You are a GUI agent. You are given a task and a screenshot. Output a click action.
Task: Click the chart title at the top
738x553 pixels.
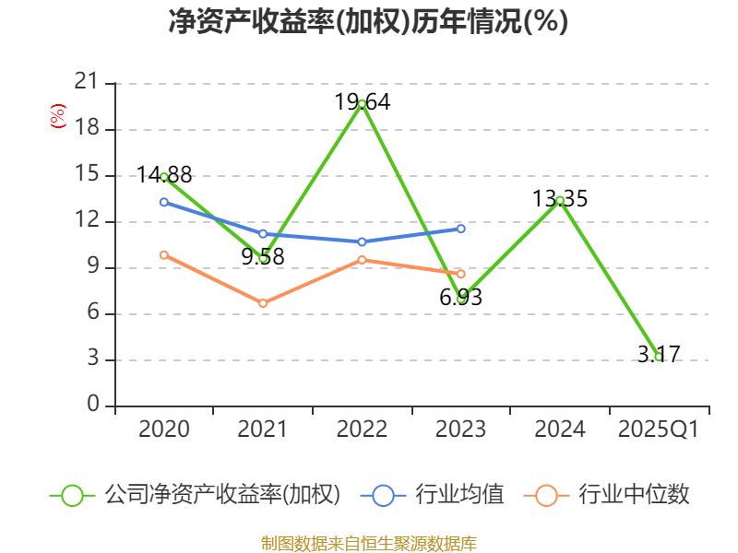(x=368, y=22)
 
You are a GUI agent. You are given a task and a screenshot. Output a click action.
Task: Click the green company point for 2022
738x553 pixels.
(x=362, y=103)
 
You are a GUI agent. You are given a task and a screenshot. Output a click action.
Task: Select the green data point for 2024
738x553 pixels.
(x=560, y=200)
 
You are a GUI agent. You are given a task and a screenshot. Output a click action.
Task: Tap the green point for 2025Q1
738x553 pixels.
(x=658, y=357)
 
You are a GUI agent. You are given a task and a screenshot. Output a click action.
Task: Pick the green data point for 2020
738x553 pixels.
(x=164, y=176)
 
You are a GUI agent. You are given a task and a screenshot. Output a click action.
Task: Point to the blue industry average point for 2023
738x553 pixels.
(x=461, y=228)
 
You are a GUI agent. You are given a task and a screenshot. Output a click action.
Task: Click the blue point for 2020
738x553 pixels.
(x=164, y=202)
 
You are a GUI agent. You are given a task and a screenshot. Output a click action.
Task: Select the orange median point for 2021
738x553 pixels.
(x=263, y=303)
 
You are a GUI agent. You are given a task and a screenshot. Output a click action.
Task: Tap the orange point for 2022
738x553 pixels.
(x=362, y=260)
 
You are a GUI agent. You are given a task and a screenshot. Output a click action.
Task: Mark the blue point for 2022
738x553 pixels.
(x=362, y=241)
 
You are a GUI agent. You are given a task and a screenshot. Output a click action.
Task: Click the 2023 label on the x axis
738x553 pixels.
(x=461, y=429)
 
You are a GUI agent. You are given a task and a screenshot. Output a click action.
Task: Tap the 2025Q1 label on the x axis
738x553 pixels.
(x=658, y=429)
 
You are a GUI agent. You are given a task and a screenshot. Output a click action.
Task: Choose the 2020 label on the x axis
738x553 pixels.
(x=164, y=429)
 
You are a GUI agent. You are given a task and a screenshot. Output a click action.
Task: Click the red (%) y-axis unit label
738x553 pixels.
(x=57, y=117)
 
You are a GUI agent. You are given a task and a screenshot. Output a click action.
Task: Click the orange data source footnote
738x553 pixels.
(x=369, y=543)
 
